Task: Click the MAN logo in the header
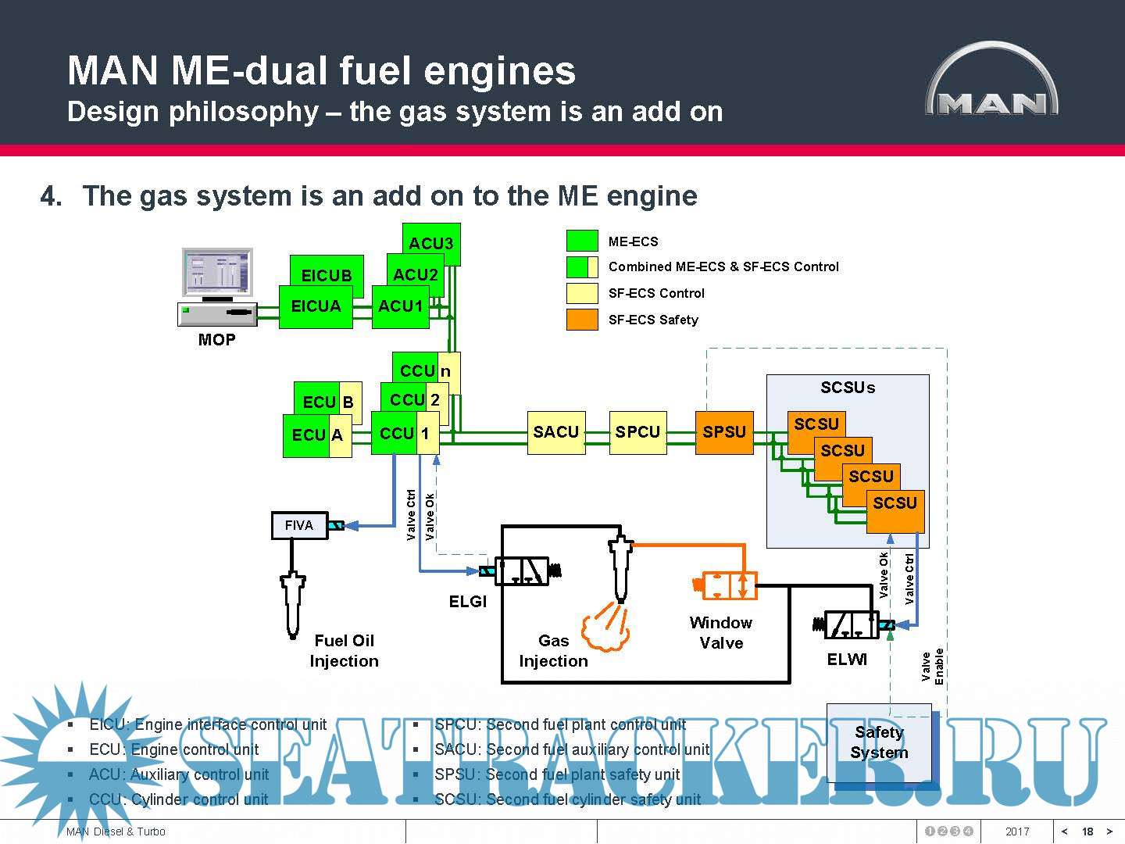[992, 83]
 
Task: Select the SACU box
[556, 432]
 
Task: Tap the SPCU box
[637, 432]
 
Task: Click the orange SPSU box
[724, 432]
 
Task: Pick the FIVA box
[299, 525]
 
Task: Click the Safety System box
[879, 742]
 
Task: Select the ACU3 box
[431, 243]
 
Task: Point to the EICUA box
[316, 306]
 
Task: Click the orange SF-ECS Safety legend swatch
[582, 320]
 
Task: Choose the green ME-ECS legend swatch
[582, 241]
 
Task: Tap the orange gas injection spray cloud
[605, 630]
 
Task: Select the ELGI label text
[467, 602]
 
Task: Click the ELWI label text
[847, 660]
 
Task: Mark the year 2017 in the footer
[1017, 831]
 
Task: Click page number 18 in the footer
[1087, 831]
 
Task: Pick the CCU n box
[426, 370]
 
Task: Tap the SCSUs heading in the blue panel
[848, 388]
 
